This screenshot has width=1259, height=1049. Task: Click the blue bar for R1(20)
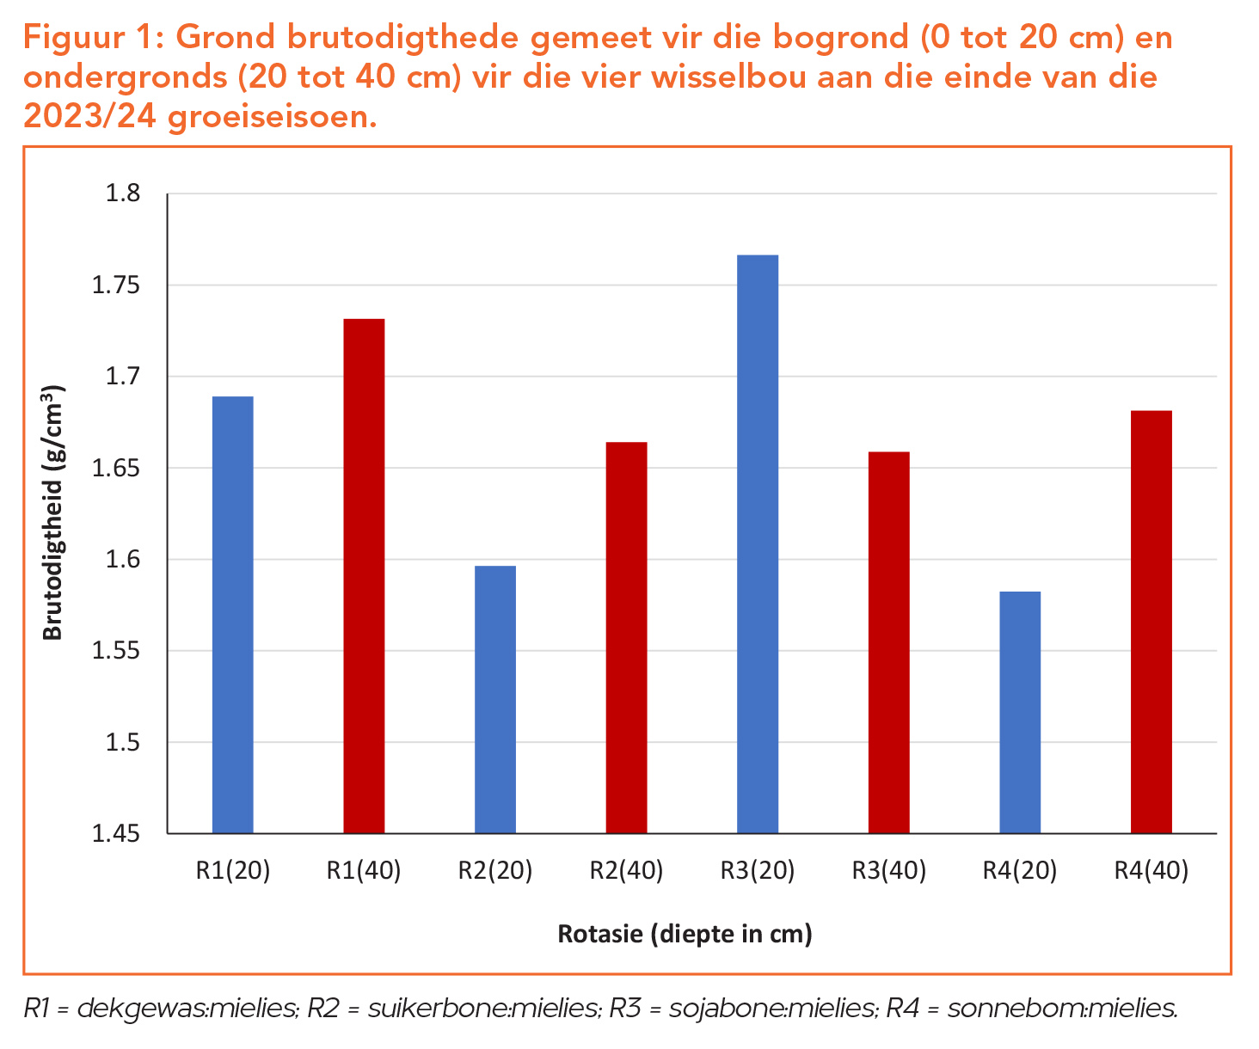pyautogui.click(x=232, y=615)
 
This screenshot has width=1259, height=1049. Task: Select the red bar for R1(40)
pyautogui.click(x=364, y=576)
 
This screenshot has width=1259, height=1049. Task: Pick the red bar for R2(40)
pyautogui.click(x=626, y=637)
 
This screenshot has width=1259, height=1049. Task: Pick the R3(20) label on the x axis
pyautogui.click(x=758, y=871)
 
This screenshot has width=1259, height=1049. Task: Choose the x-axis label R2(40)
pyautogui.click(x=626, y=871)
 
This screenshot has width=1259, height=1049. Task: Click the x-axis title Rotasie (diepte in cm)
pyautogui.click(x=685, y=934)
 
